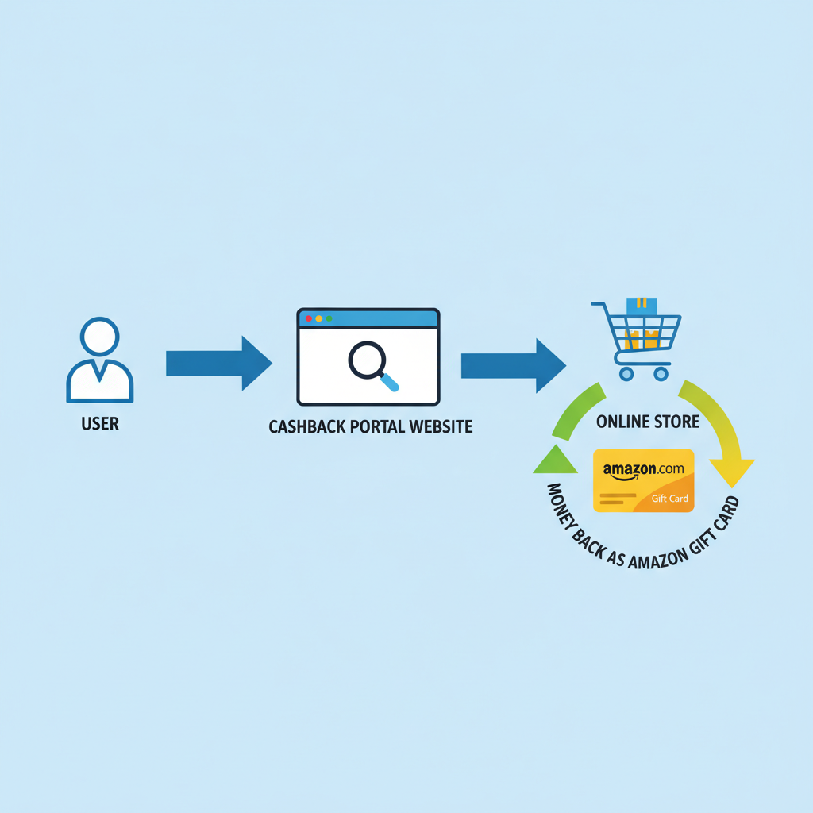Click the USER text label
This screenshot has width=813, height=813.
[x=100, y=424]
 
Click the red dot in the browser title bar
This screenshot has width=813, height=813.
[x=309, y=318]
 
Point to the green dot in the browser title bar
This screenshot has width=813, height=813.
[x=329, y=318]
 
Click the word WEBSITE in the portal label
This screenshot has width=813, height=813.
[x=441, y=427]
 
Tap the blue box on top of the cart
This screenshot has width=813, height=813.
[x=642, y=306]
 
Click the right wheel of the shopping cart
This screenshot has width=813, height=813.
[x=660, y=373]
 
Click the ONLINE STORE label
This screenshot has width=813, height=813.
[x=648, y=422]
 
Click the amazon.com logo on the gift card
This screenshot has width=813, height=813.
[x=643, y=470]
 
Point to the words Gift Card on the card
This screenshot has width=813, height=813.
[x=670, y=499]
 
